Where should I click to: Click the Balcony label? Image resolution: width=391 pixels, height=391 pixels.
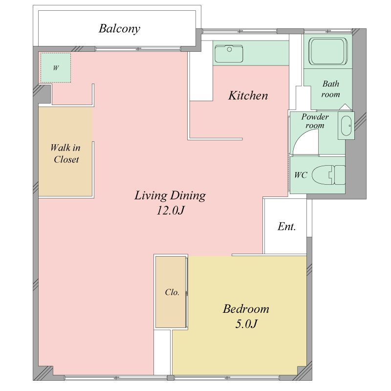tap(119, 29)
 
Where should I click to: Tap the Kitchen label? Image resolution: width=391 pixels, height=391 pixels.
tap(248, 95)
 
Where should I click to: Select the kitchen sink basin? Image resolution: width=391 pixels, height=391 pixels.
tap(229, 54)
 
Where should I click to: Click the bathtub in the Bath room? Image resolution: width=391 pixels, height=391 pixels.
tap(328, 52)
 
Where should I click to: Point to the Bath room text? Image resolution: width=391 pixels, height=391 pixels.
tap(331, 89)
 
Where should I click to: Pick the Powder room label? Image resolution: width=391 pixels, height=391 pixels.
tap(315, 121)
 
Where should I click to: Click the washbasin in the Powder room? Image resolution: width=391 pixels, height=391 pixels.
tap(346, 126)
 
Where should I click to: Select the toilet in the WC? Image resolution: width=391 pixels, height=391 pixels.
tap(328, 175)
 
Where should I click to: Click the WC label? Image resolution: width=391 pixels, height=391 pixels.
tap(301, 175)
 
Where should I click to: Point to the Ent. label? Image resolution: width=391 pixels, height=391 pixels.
tap(286, 226)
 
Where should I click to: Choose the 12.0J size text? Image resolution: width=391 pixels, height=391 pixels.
tap(170, 210)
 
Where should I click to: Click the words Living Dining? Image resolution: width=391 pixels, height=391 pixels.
tap(170, 195)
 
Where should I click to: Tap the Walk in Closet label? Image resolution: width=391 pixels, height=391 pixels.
tap(65, 153)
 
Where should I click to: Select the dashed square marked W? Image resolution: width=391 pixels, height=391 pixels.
tap(56, 67)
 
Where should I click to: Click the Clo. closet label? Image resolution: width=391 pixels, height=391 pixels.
tap(172, 292)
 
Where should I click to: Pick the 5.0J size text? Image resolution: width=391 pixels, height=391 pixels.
tap(246, 324)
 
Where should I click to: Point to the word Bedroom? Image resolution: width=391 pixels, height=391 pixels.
tap(246, 309)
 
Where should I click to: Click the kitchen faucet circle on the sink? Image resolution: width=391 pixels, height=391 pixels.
tap(229, 49)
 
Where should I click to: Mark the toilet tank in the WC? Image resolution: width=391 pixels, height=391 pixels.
tap(340, 175)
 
